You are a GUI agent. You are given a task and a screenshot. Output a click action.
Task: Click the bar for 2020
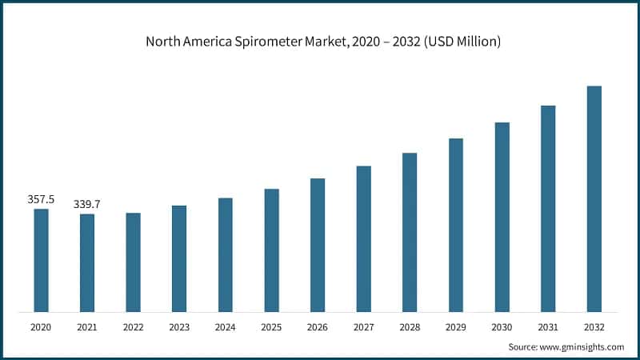pyautogui.click(x=41, y=260)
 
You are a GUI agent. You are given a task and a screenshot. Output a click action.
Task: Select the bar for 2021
pyautogui.click(x=87, y=262)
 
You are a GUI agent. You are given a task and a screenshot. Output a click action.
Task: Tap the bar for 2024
pyautogui.click(x=226, y=254)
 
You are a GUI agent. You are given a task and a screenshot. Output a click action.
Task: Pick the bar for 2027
pyautogui.click(x=363, y=238)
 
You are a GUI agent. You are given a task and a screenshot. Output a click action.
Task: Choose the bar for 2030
pyautogui.click(x=502, y=217)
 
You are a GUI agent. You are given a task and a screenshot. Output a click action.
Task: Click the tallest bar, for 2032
pyautogui.click(x=594, y=198)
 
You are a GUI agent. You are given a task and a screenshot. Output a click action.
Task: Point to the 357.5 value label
pyautogui.click(x=41, y=199)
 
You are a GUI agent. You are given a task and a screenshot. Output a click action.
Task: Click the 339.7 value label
pyautogui.click(x=87, y=205)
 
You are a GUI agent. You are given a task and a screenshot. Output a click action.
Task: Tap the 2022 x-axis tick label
pyautogui.click(x=133, y=327)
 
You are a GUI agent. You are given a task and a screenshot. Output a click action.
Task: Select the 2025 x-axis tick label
pyautogui.click(x=271, y=327)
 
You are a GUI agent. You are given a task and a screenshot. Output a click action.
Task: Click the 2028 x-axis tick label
pyautogui.click(x=410, y=327)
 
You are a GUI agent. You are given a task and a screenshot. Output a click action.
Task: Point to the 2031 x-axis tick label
pyautogui.click(x=548, y=327)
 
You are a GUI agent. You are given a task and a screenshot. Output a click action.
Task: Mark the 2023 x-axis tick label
pyautogui.click(x=179, y=327)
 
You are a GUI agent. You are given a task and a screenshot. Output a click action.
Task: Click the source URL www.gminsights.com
pyautogui.click(x=582, y=346)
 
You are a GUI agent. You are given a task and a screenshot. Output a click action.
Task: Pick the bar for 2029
pyautogui.click(x=456, y=225)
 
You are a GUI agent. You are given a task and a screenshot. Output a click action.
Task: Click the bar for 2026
pyautogui.click(x=318, y=245)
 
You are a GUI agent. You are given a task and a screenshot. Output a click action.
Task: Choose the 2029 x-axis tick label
pyautogui.click(x=456, y=327)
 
